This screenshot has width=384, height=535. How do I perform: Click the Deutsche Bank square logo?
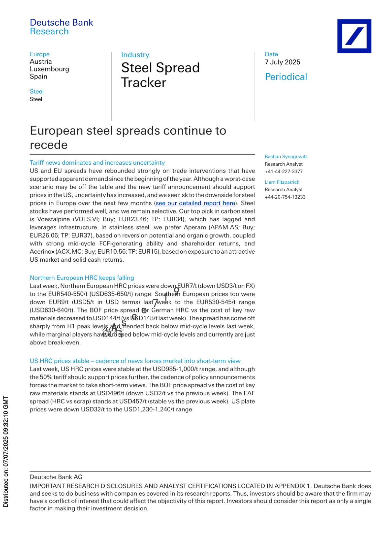tap(354, 36)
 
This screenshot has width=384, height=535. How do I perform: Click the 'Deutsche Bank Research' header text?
tap(61, 27)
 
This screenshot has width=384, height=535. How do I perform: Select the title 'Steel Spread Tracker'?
tap(160, 75)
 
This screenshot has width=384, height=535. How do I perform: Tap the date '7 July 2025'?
tap(282, 62)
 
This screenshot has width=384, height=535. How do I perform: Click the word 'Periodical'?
tap(286, 77)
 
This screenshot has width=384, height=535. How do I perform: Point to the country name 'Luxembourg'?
tap(49, 69)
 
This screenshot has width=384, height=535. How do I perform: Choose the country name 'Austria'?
tap(41, 61)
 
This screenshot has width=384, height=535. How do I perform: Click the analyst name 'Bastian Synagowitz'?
tap(286, 157)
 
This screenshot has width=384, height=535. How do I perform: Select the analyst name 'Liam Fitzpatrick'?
tap(282, 182)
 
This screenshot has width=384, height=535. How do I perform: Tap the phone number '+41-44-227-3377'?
tap(283, 171)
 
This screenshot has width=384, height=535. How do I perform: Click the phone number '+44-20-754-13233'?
tap(285, 197)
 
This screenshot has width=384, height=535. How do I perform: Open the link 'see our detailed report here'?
tap(195, 203)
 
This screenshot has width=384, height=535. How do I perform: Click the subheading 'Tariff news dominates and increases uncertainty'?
tap(97, 163)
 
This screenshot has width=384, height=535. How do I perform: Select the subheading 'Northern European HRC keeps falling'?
tap(82, 278)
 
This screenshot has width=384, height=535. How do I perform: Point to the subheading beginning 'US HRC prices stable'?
tap(135, 361)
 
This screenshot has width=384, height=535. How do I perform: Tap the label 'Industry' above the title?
tap(135, 55)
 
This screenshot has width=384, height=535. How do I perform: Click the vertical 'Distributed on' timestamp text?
tap(6, 451)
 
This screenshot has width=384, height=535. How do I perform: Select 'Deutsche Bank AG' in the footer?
tap(56, 477)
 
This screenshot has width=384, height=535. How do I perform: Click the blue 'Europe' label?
tap(39, 54)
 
